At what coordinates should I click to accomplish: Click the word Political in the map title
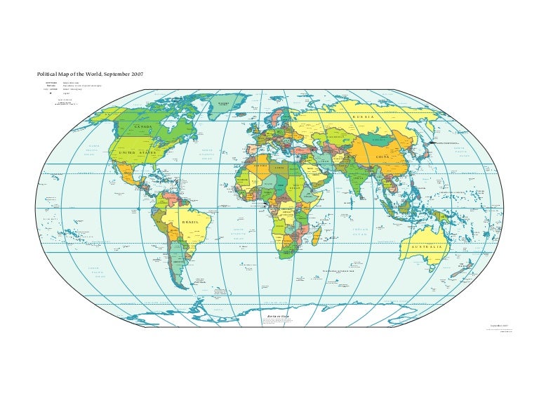[x=48, y=74]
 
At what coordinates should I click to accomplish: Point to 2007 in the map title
[x=136, y=74]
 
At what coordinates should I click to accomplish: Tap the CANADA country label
[x=142, y=127]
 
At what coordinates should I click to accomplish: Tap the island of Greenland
[x=223, y=105]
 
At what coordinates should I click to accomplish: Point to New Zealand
[x=476, y=278]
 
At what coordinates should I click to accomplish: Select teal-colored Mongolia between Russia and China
[x=385, y=137]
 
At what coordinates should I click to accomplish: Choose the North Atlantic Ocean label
[x=207, y=154]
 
